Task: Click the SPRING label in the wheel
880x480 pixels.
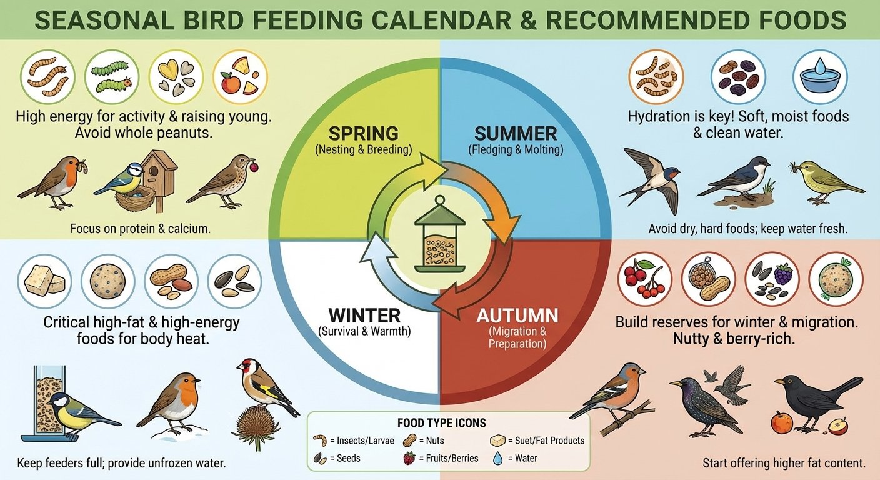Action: (364, 134)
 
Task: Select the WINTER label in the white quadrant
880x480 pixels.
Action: (364, 314)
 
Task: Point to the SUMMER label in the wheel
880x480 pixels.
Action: (516, 134)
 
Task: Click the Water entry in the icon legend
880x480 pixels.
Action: (522, 458)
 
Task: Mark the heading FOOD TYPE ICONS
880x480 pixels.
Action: (441, 423)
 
